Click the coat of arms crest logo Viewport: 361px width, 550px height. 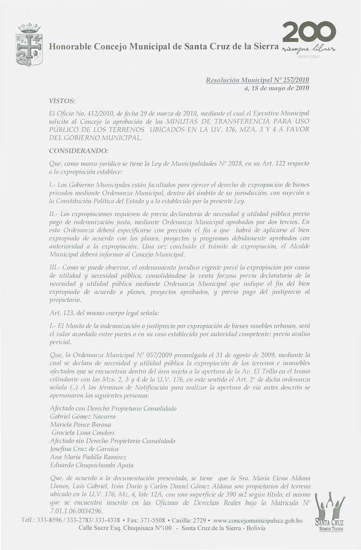[x=29, y=44]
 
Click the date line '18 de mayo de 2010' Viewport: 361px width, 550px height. [x=278, y=88]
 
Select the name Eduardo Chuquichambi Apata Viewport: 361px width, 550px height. [x=92, y=465]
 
